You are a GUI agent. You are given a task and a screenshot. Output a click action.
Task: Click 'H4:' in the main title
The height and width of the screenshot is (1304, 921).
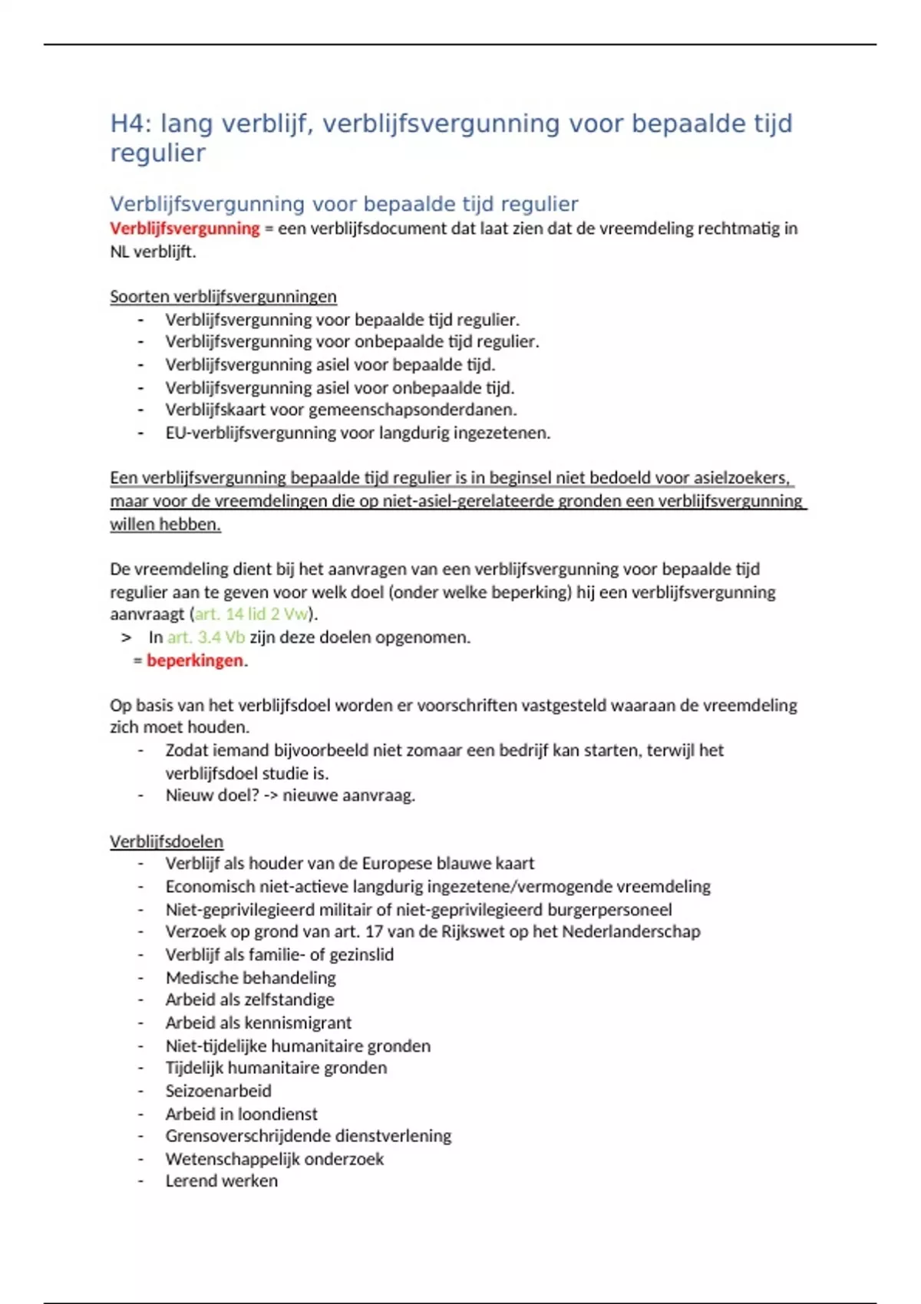(131, 123)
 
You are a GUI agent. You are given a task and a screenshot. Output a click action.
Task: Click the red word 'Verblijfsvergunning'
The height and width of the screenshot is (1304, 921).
(185, 229)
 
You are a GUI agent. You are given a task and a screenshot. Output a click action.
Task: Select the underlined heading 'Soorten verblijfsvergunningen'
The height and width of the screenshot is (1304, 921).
(223, 296)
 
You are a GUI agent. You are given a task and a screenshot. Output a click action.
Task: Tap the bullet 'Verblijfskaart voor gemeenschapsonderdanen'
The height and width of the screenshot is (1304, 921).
(341, 410)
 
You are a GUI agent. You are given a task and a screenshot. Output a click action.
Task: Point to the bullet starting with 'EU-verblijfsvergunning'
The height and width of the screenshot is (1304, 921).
(358, 433)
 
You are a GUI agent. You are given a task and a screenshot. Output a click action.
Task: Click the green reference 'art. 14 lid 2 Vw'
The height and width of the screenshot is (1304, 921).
(251, 614)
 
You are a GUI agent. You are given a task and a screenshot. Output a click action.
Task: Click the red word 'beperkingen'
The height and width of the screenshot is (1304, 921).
(195, 660)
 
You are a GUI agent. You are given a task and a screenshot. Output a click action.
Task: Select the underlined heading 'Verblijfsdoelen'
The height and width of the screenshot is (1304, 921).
(167, 841)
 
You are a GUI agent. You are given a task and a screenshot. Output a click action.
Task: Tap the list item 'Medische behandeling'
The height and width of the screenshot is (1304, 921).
(250, 977)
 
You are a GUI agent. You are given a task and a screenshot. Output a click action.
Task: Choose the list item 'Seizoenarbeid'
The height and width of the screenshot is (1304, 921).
(218, 1091)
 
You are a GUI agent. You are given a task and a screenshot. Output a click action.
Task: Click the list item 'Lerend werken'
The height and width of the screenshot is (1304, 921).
(221, 1181)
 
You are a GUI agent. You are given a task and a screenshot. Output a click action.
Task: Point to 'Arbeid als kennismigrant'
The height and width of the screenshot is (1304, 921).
(258, 1022)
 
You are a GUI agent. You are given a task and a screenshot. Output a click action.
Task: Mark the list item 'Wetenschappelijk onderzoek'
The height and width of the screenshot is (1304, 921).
(274, 1158)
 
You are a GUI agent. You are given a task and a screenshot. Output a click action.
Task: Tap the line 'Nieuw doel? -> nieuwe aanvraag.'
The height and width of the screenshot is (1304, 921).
(290, 795)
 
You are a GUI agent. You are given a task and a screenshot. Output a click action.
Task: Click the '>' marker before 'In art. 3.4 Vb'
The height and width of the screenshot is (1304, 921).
(126, 637)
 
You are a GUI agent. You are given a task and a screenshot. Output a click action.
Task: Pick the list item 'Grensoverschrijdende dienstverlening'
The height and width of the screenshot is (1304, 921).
(308, 1135)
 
